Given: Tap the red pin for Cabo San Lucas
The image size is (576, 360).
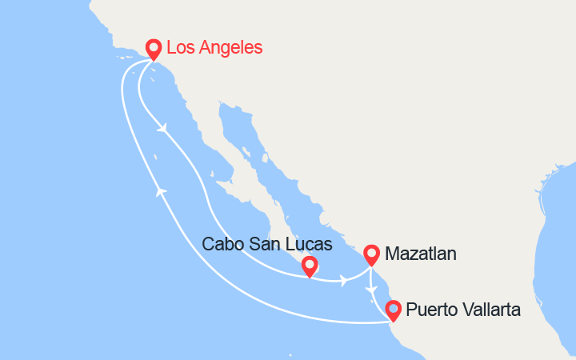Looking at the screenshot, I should tap(309, 265).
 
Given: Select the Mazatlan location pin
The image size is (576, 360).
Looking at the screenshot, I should tap(371, 254).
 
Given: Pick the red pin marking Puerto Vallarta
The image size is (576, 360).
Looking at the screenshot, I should tap(393, 308).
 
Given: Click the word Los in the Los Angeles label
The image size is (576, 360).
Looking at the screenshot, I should tap(182, 48).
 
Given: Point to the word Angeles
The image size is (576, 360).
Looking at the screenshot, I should tap(231, 48).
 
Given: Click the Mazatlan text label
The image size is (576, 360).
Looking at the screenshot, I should tap(420, 254).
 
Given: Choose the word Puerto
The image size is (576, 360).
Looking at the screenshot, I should tap(433, 309).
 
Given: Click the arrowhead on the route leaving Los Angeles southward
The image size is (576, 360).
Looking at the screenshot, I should tap(163, 128).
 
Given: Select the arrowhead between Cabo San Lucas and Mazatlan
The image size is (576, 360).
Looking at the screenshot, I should tap(345, 281).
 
